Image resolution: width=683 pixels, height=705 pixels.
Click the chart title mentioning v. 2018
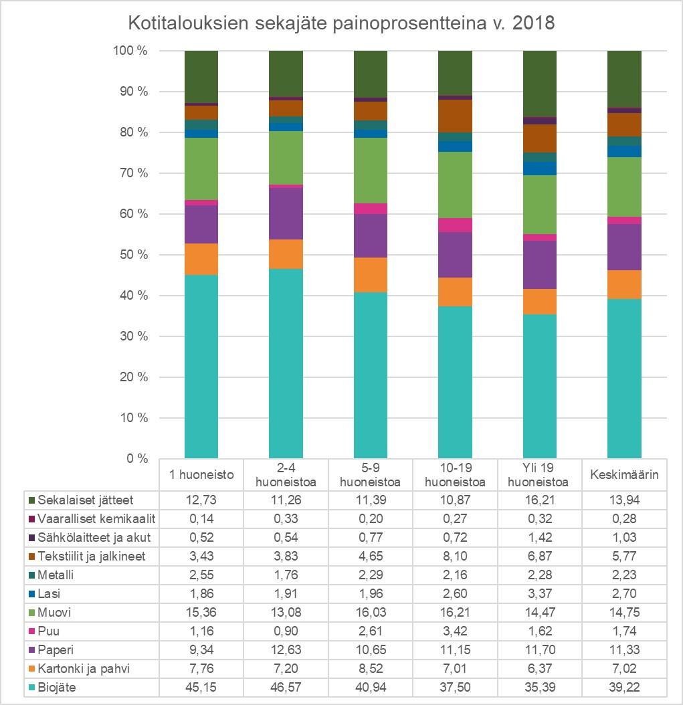click(x=341, y=23)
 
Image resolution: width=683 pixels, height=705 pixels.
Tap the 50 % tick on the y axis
click(x=134, y=255)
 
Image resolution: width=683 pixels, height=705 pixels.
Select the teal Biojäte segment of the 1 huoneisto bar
click(x=201, y=367)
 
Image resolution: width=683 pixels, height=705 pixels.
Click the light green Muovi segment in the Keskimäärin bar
click(x=624, y=187)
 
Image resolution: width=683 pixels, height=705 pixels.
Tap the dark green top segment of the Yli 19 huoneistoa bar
click(x=540, y=84)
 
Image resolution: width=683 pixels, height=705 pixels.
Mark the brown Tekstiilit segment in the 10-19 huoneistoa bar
click(x=455, y=116)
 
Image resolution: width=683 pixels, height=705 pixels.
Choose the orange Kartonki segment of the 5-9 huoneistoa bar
click(x=371, y=274)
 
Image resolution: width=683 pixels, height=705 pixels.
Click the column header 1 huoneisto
click(x=201, y=476)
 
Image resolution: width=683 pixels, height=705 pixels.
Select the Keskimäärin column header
click(x=625, y=476)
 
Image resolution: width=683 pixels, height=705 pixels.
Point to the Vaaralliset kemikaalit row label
click(x=96, y=518)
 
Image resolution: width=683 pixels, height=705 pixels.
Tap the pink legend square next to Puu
click(x=31, y=631)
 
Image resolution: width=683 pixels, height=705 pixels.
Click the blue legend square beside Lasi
click(x=31, y=594)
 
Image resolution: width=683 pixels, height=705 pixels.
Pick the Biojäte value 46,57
click(x=286, y=688)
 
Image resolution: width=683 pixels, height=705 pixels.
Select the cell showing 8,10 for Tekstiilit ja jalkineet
click(x=455, y=556)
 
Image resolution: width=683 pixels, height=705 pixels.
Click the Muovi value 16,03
click(x=371, y=613)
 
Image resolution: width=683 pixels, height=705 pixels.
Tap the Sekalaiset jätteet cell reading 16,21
click(x=540, y=500)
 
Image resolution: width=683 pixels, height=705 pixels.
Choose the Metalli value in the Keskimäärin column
click(x=625, y=575)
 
